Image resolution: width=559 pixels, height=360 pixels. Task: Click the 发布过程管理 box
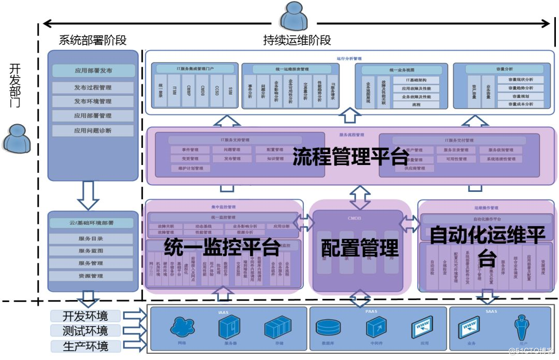click(x=93, y=87)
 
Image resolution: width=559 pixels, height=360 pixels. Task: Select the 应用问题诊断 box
click(x=93, y=130)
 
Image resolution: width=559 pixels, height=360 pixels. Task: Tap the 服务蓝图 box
click(x=91, y=251)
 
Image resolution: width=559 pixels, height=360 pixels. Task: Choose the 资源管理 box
click(x=91, y=276)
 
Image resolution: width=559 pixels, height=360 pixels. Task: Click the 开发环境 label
click(x=86, y=316)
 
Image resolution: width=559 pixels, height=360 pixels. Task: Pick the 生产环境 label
click(x=86, y=346)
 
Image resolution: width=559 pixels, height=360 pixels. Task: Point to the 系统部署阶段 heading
click(x=93, y=40)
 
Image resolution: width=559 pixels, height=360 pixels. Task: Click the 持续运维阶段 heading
click(x=297, y=40)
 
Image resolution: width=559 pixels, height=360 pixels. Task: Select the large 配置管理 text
click(x=360, y=248)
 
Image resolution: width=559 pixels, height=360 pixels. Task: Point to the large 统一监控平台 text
click(x=222, y=247)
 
